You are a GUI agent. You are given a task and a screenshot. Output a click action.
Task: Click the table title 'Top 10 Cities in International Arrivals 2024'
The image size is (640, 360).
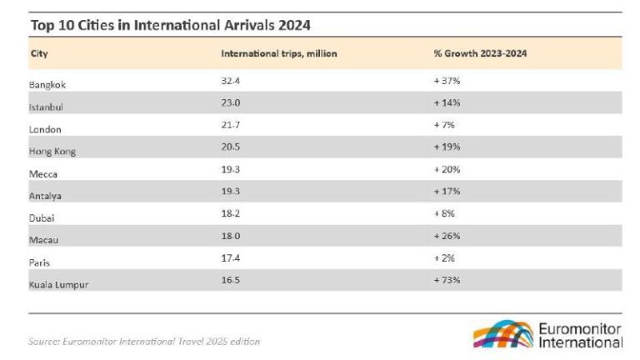pyautogui.click(x=170, y=24)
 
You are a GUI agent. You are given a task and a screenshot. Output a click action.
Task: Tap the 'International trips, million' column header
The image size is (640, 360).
pyautogui.click(x=278, y=53)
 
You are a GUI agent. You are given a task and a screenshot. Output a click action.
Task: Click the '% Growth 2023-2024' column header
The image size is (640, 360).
pyautogui.click(x=480, y=53)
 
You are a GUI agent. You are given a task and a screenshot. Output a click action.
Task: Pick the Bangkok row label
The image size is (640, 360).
pyautogui.click(x=49, y=85)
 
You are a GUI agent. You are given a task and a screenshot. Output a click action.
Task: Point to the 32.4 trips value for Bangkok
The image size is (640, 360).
pyautogui.click(x=230, y=81)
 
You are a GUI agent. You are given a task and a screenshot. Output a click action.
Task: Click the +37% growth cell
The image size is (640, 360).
pyautogui.click(x=447, y=81)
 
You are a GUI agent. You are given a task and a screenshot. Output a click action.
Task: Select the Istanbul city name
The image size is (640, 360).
pyautogui.click(x=47, y=107)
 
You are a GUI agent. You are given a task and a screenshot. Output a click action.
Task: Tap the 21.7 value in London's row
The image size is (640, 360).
pyautogui.click(x=230, y=125)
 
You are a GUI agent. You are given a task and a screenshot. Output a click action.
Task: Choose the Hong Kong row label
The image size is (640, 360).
pyautogui.click(x=53, y=152)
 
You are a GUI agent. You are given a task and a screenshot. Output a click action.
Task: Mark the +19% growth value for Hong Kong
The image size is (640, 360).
pyautogui.click(x=447, y=147)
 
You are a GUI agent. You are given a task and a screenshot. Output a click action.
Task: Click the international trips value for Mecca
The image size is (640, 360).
pyautogui.click(x=230, y=169)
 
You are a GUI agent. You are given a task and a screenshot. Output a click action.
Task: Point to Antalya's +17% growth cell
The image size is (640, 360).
pyautogui.click(x=447, y=192)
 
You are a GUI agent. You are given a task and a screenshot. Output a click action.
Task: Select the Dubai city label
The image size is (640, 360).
pyautogui.click(x=42, y=217)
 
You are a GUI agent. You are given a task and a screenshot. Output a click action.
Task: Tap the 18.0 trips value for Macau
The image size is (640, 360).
pyautogui.click(x=230, y=236)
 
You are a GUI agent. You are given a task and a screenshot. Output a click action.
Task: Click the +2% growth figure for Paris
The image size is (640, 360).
pyautogui.click(x=445, y=258)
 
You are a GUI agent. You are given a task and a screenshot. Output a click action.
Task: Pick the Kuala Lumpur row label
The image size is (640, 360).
pyautogui.click(x=59, y=284)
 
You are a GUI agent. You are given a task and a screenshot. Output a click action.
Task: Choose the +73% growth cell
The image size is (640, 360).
pyautogui.click(x=447, y=280)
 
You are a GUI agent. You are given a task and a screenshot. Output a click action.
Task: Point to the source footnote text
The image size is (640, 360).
pyautogui.click(x=144, y=341)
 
